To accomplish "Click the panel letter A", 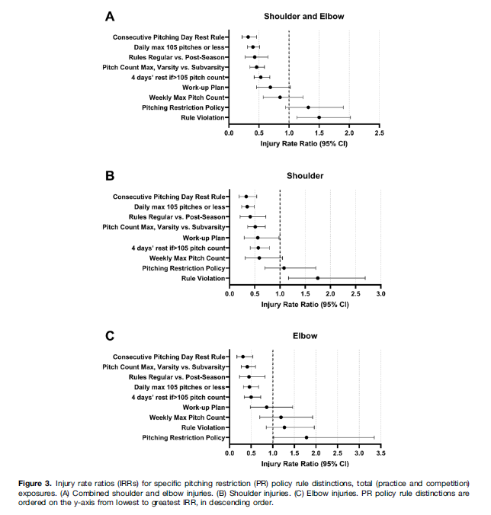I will [x=110, y=16].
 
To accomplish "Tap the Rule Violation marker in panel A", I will [x=319, y=117].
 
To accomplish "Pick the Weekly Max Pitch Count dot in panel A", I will [x=280, y=98].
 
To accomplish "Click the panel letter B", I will [x=110, y=175].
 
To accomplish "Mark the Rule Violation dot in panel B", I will [x=318, y=278].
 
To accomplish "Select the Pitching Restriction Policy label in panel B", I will [x=184, y=268].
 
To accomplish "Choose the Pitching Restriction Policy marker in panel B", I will [x=284, y=268].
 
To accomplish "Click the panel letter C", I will [x=110, y=336].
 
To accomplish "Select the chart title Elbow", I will [x=304, y=336].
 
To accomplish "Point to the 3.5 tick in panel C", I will [x=380, y=453].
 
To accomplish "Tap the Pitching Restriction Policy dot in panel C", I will [x=306, y=437].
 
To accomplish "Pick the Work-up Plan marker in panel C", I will [x=266, y=407].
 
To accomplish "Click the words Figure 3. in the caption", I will [x=37, y=484].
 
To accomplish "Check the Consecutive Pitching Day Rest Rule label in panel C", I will [x=169, y=357].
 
